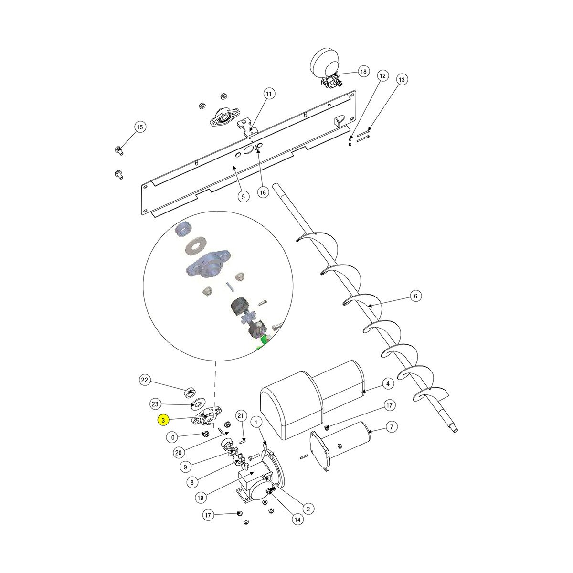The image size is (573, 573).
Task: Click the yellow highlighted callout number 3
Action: click(x=164, y=420)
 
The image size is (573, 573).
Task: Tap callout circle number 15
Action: click(x=139, y=127)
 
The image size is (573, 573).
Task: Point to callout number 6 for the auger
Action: click(x=415, y=297)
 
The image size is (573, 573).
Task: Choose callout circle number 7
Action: click(x=391, y=427)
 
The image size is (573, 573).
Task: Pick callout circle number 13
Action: click(x=401, y=80)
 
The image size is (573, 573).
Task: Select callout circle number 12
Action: click(x=382, y=75)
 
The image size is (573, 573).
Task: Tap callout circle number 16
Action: click(x=262, y=192)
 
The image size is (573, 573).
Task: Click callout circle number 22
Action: click(x=145, y=380)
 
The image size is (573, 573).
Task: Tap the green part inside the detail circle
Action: click(x=262, y=343)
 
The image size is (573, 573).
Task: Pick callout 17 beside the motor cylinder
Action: click(x=389, y=405)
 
